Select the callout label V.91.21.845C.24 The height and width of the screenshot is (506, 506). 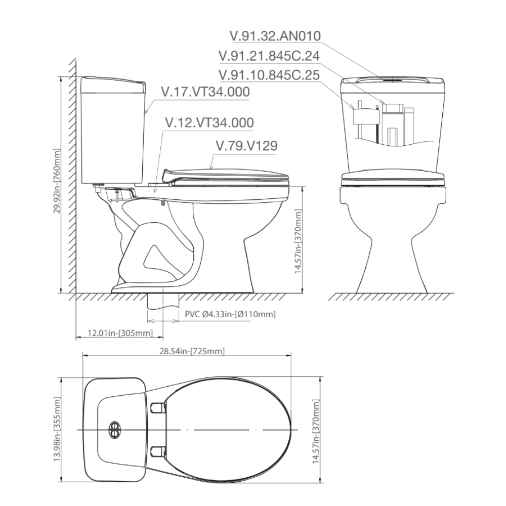point(269,55)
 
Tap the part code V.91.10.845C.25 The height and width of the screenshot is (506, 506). point(269,74)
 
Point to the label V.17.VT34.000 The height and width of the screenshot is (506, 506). point(205,92)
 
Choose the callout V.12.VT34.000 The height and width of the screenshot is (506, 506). point(209,123)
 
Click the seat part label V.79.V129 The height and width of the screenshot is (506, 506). point(246,146)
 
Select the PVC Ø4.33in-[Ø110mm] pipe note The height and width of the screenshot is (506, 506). point(230,314)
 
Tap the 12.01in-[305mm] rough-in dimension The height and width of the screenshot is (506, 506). point(120,332)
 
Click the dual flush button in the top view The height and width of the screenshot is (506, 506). point(115,430)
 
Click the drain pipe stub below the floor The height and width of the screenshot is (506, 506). point(163,302)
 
